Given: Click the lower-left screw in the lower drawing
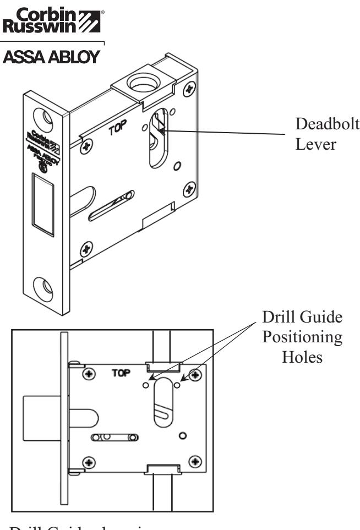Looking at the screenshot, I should click(87, 460).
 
